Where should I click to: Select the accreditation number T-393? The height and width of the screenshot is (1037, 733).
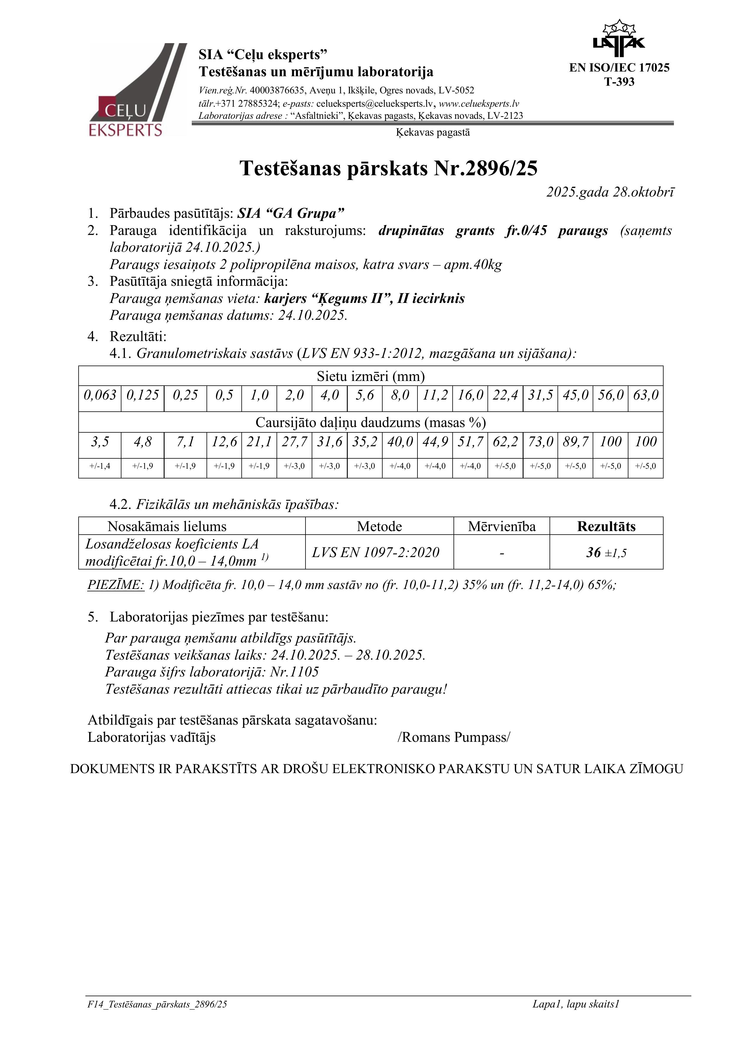(x=619, y=82)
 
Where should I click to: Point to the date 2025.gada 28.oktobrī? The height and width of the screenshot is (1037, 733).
(x=610, y=192)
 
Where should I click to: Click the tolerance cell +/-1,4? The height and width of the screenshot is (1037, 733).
(x=100, y=466)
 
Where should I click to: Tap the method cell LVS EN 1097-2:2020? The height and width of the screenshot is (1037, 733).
(x=375, y=552)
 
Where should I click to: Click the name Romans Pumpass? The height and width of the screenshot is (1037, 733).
(x=454, y=738)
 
